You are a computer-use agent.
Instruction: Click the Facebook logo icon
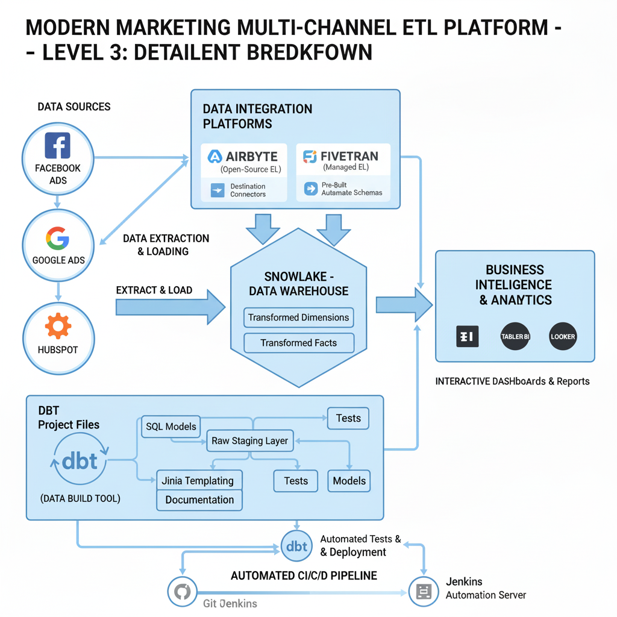(58, 146)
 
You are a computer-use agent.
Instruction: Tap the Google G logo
(58, 239)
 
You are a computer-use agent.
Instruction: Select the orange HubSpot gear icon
(58, 326)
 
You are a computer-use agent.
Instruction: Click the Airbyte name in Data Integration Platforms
(251, 157)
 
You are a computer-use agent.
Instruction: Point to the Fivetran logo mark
(310, 157)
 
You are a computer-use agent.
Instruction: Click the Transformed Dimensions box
(298, 318)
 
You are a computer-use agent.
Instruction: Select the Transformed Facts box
(298, 343)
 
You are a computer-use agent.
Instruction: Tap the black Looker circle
(563, 336)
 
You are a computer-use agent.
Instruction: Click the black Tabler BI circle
(515, 336)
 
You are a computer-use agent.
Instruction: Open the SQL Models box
(171, 427)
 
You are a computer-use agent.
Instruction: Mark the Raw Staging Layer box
(250, 440)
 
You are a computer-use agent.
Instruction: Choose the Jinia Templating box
(199, 481)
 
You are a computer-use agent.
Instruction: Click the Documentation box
(199, 500)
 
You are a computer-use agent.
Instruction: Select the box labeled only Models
(349, 481)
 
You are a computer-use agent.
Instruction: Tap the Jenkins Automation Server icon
(424, 593)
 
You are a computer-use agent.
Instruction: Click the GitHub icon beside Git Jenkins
(181, 593)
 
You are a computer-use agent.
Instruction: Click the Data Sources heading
(74, 107)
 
